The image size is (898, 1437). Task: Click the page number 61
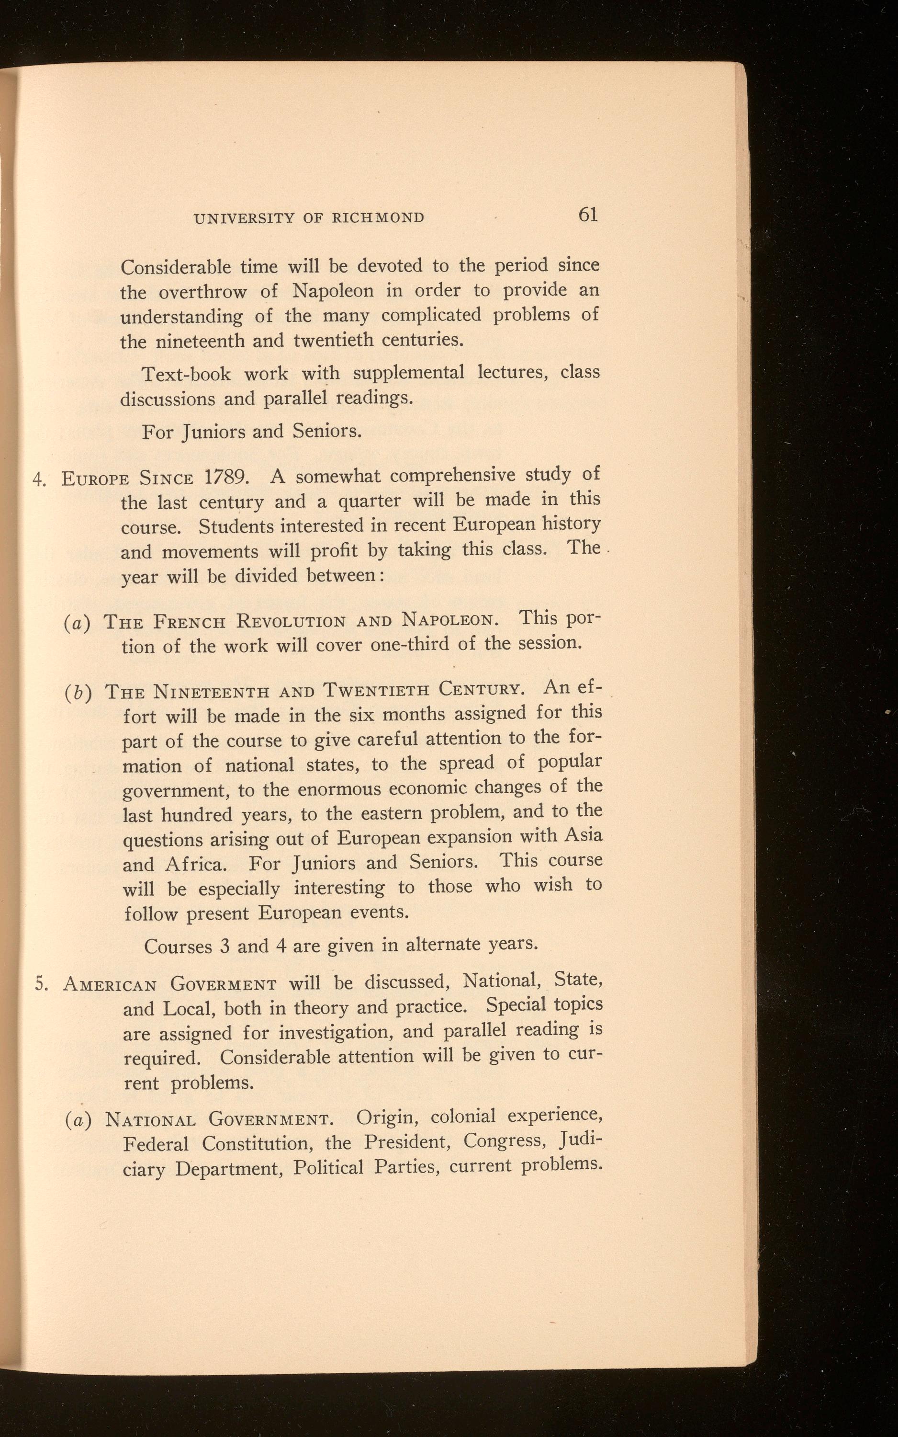[587, 215]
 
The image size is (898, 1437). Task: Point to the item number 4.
[39, 479]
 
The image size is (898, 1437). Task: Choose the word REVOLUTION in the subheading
[291, 622]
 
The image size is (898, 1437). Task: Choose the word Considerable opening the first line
[176, 267]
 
